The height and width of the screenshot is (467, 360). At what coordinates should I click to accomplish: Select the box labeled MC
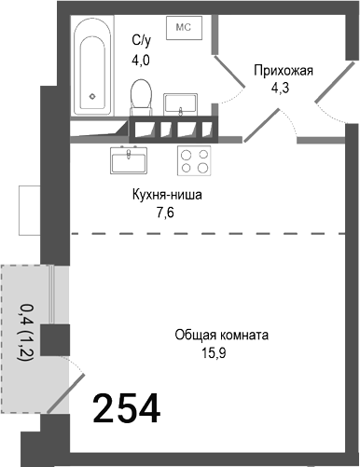[x=181, y=28]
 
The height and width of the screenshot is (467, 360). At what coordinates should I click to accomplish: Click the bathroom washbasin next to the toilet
[x=182, y=101]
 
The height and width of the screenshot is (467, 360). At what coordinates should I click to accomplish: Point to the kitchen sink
[x=130, y=161]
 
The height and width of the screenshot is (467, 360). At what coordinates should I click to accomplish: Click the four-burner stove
[x=195, y=161]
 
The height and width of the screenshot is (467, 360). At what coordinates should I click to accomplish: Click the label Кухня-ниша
[x=165, y=197]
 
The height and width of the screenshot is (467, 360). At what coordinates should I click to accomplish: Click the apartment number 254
[x=126, y=408]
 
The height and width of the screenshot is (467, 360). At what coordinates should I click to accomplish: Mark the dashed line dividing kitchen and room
[x=205, y=233]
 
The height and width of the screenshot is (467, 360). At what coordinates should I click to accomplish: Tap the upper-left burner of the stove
[x=187, y=155]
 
